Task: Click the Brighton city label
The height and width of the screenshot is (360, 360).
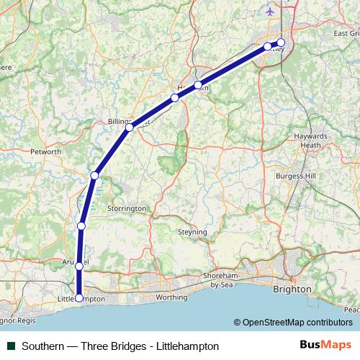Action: coord(292,289)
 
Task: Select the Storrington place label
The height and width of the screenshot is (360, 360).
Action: coord(127,208)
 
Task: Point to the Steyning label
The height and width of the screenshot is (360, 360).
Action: coord(192,232)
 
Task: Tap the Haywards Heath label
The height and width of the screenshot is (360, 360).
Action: coord(310,140)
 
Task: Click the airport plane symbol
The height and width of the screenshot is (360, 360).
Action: coord(270,12)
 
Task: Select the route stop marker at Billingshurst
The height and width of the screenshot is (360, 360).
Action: coord(129,127)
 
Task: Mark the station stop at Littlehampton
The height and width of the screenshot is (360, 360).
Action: coord(78,297)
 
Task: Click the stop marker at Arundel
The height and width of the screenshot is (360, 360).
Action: coord(79,266)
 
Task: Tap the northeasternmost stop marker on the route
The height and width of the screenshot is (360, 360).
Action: coord(281,42)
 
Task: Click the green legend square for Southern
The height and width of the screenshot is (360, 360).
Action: coord(10,346)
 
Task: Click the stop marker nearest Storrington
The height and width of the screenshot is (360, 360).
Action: coord(94,176)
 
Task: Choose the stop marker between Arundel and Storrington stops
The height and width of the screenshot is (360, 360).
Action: coord(81,226)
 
